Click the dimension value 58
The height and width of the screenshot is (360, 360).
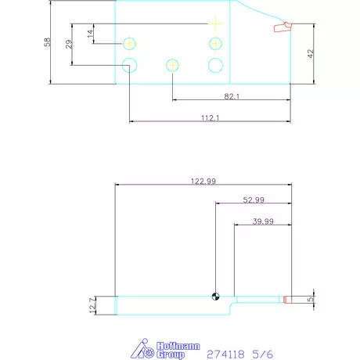click(47, 42)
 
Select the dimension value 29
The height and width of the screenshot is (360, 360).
click(68, 44)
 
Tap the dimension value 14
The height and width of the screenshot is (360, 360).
click(90, 33)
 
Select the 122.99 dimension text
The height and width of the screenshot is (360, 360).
click(203, 181)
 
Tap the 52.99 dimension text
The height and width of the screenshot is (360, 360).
click(253, 200)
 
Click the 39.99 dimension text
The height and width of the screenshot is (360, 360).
click(263, 221)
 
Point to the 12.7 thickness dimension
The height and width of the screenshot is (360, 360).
click(92, 305)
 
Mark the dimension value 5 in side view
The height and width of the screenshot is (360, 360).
click(311, 299)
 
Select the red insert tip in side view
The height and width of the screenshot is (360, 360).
click(287, 299)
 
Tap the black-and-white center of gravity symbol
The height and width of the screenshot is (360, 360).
click(215, 296)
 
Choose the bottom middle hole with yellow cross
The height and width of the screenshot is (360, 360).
click(172, 65)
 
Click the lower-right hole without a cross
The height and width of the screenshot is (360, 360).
click(214, 65)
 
